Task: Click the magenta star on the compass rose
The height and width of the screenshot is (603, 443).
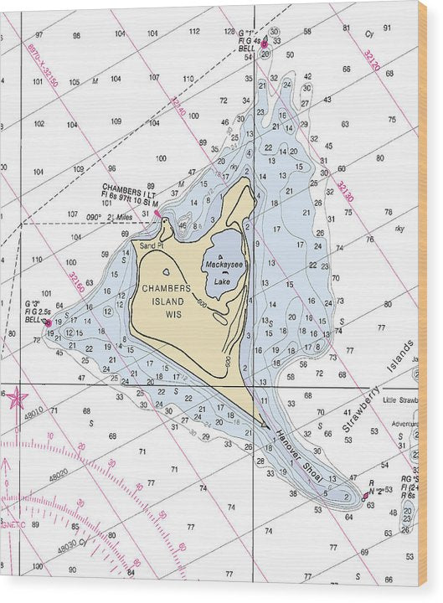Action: pyautogui.click(x=17, y=398)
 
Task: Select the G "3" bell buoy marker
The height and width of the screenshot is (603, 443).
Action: pyautogui.click(x=48, y=322)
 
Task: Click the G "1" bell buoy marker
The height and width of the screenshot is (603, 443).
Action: pyautogui.click(x=264, y=42)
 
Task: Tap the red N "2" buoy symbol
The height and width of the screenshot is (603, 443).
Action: pyautogui.click(x=365, y=496)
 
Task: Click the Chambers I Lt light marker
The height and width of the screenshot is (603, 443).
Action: pyautogui.click(x=157, y=213)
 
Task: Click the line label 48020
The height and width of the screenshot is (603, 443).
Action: pyautogui.click(x=59, y=475)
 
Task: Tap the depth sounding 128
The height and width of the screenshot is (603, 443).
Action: pyautogui.click(x=229, y=31)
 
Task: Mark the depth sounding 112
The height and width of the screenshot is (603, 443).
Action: pyautogui.click(x=194, y=32)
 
